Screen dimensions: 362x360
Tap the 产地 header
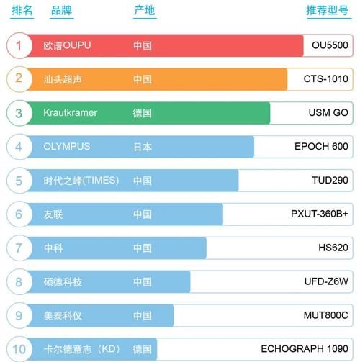coord(144,11)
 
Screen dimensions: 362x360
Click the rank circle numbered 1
coord(19,45)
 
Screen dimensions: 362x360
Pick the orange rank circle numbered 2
coord(19,79)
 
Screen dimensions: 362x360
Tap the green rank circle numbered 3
coord(19,113)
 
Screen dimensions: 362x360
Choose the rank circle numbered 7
coord(19,248)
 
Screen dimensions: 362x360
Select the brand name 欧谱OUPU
coord(67,45)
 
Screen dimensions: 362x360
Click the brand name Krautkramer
coord(70,113)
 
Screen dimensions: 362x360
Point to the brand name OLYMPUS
coord(66,147)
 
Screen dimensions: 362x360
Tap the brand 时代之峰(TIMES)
coord(81,181)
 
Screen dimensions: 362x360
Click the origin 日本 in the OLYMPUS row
coord(143,147)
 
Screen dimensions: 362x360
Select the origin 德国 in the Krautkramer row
coord(143,113)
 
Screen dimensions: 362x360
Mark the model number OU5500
coord(330,45)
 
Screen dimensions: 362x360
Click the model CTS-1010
coord(325,79)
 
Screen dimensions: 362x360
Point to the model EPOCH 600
coord(321,147)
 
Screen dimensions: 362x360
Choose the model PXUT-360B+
coord(319,214)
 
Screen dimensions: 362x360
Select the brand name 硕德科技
coord(63,282)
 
